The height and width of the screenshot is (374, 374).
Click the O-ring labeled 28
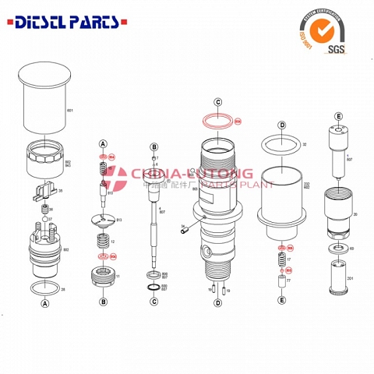(44, 289)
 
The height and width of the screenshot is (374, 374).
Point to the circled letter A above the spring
(101, 144)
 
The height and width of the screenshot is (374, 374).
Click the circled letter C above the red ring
(218, 102)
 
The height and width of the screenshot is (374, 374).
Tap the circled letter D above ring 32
(281, 125)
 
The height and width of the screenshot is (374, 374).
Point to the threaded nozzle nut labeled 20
(339, 211)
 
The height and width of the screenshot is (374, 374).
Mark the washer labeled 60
(339, 249)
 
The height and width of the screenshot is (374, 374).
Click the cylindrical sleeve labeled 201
(337, 276)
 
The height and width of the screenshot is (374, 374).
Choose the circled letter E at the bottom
(281, 300)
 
